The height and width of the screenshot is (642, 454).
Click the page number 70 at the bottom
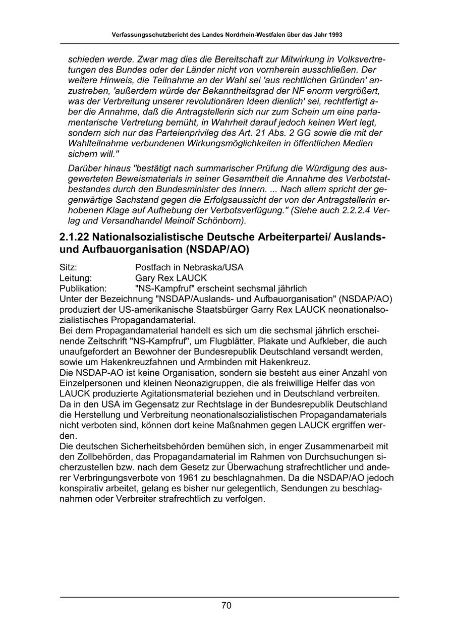pos(226,606)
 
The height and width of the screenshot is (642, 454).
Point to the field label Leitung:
pos(76,278)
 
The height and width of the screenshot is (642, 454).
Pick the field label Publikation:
pos(83,288)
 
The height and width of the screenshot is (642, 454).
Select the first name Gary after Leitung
pos(145,278)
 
